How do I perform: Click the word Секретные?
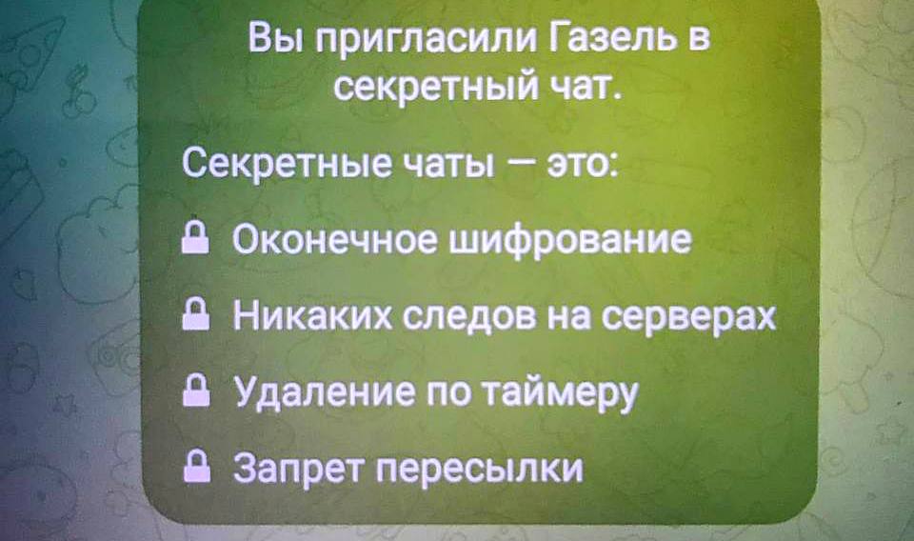[x=287, y=164]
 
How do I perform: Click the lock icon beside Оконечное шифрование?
[x=195, y=239]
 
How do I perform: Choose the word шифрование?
[x=572, y=240]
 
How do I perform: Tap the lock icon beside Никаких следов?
[x=195, y=315]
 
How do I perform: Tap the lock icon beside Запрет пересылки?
[x=196, y=467]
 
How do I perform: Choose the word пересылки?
[x=479, y=469]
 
